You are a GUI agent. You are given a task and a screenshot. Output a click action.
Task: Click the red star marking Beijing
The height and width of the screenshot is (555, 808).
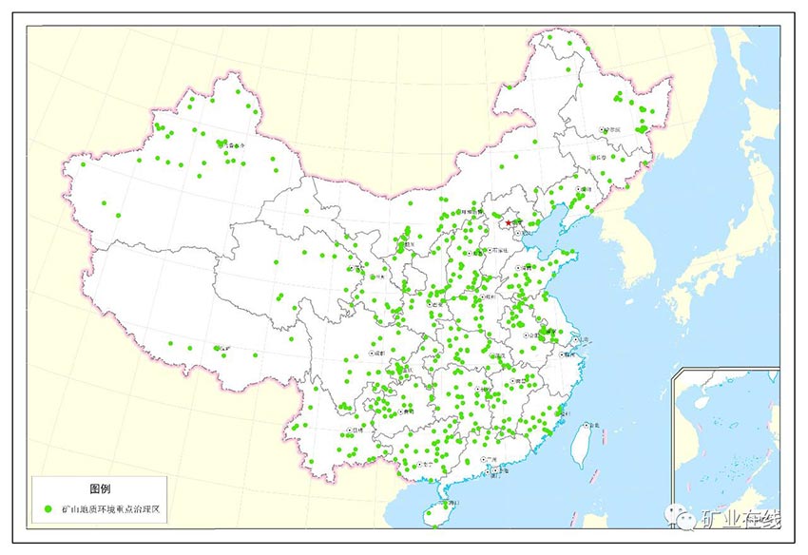(509, 222)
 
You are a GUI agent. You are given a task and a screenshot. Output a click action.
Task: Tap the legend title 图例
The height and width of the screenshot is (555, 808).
(100, 488)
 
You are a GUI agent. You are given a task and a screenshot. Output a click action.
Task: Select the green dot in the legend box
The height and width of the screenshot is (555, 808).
(48, 510)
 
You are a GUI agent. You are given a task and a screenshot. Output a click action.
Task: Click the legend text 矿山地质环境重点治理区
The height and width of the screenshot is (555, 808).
(111, 510)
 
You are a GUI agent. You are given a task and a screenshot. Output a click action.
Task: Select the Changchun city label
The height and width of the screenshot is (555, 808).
(599, 157)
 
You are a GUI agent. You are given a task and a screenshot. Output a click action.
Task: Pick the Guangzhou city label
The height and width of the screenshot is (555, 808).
(491, 459)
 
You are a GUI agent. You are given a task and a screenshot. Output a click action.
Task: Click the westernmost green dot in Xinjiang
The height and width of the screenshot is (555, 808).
(85, 163)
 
